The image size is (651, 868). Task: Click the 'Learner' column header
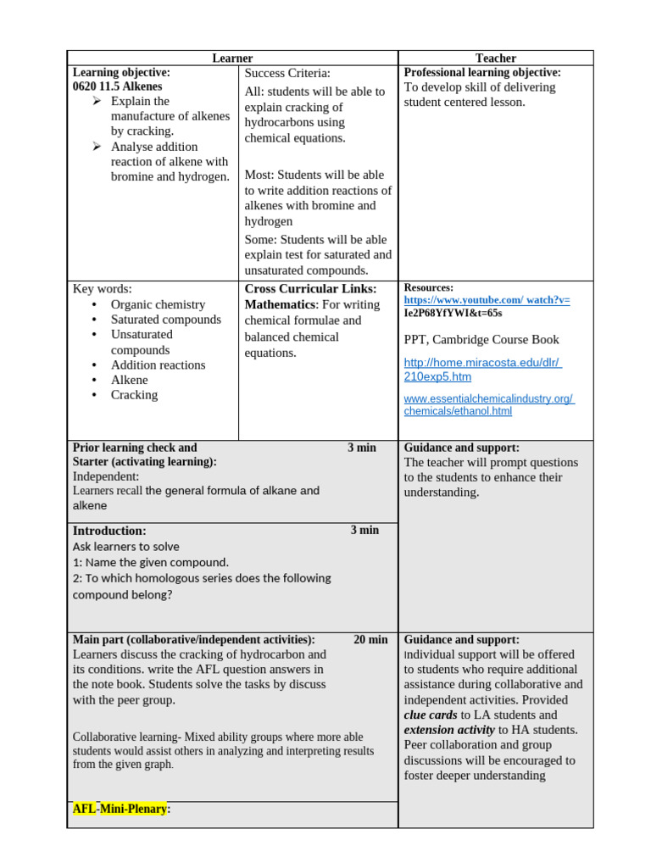232,58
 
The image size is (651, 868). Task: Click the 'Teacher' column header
495,58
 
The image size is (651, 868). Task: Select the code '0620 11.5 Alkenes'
117,86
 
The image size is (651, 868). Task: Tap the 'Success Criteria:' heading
287,74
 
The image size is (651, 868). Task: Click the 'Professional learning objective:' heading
482,73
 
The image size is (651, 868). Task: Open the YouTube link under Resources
487,300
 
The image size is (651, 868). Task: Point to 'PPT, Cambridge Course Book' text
481,340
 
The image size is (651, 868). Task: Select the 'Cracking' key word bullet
134,395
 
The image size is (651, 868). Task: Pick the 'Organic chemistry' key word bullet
158,304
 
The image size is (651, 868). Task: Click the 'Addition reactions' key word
158,365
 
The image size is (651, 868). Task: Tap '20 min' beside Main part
370,640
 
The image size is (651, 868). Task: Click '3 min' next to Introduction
364,531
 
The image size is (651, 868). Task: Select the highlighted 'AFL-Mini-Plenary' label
121,810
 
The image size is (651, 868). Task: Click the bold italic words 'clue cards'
431,715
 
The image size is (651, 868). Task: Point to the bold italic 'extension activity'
449,730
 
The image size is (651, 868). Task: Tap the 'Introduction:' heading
109,531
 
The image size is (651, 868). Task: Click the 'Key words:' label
103,289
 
